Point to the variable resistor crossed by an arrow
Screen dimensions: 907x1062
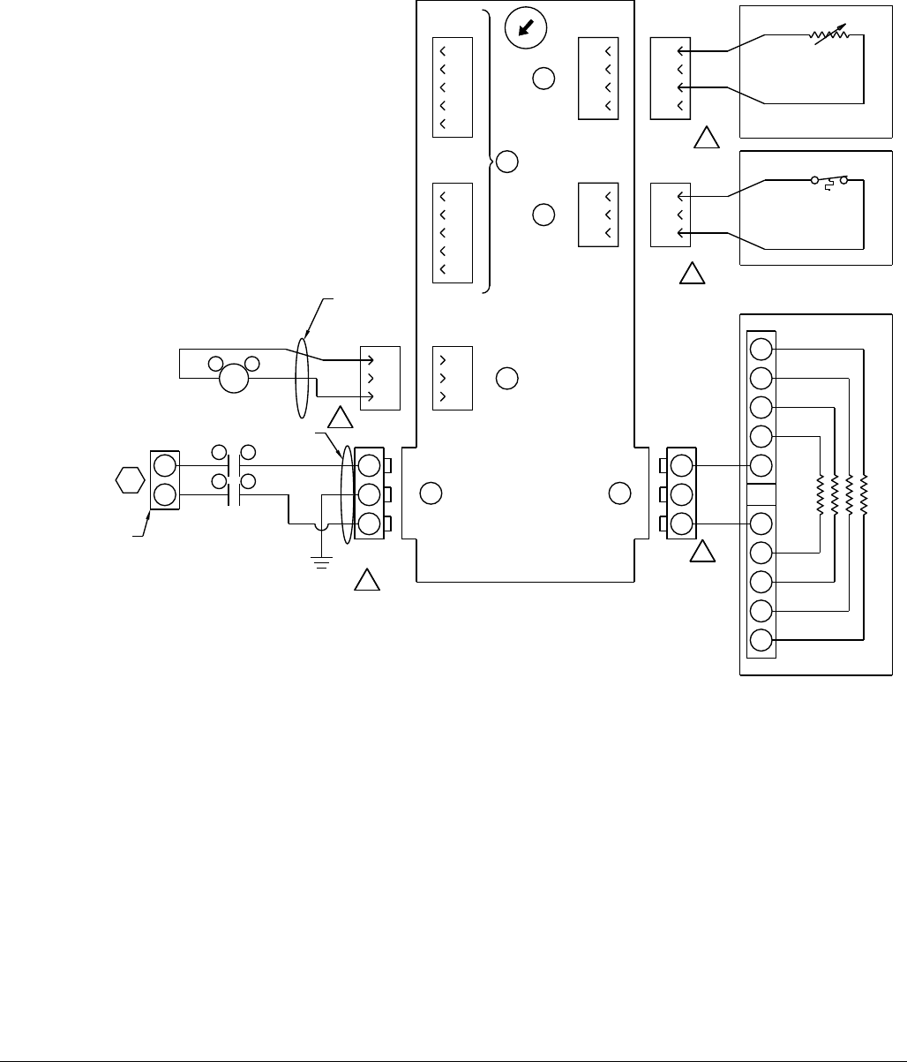point(829,36)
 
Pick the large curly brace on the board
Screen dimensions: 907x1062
point(488,151)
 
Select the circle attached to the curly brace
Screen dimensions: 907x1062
point(506,162)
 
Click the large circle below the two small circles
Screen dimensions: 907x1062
point(234,379)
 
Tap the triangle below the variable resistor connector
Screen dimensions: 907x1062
point(705,139)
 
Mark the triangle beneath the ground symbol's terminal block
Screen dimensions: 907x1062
point(367,581)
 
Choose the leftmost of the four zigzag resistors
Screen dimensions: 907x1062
point(820,495)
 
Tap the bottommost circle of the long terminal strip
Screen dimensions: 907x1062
point(761,642)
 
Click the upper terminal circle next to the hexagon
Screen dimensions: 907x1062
point(164,465)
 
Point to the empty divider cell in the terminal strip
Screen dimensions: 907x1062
point(761,495)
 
